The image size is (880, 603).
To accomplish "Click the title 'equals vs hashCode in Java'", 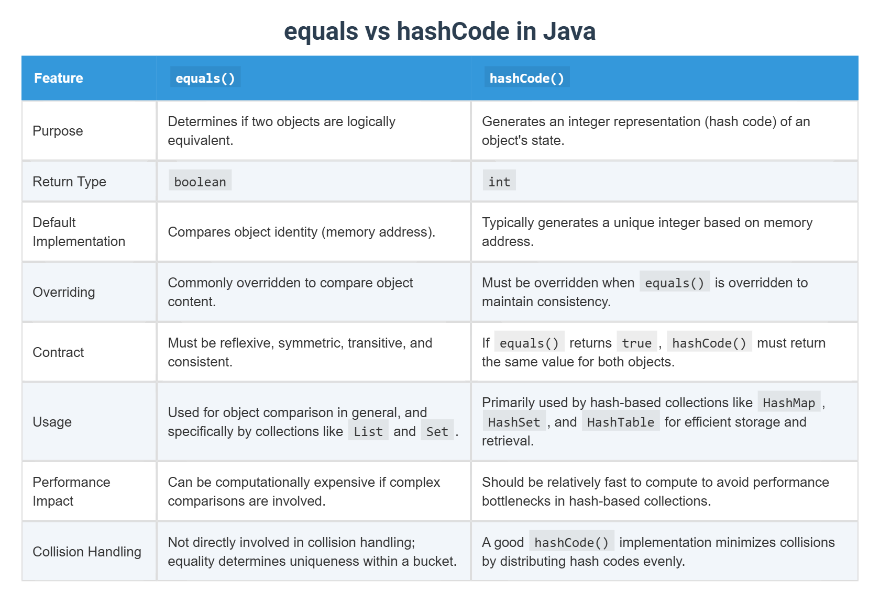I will tap(439, 31).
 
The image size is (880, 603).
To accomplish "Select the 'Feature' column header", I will tap(59, 78).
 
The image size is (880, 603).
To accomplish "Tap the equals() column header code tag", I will tap(205, 78).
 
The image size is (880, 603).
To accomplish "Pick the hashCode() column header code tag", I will tap(526, 78).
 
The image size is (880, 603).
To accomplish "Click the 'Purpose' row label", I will tap(58, 131).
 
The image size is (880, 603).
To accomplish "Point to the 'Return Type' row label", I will tap(69, 182).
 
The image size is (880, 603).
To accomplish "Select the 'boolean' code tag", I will tap(200, 182).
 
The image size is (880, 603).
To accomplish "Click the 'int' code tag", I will tap(499, 182).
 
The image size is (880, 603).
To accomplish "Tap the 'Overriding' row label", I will tap(64, 292).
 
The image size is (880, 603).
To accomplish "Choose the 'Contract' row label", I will tap(58, 352).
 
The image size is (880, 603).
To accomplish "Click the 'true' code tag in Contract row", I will tap(636, 343).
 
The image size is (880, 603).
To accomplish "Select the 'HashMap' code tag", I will tap(789, 403).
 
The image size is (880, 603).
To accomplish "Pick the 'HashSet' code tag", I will tap(514, 422).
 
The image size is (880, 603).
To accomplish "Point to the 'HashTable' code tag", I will tap(621, 422).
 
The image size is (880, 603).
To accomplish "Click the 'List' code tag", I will tap(368, 431).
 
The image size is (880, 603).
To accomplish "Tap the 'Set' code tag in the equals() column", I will tap(437, 431).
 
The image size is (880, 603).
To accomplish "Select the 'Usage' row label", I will tap(52, 422).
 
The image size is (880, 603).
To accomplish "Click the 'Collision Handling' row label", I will tap(87, 552).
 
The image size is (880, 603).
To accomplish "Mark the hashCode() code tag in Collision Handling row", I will tap(571, 542).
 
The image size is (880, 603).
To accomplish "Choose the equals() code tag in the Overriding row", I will tap(675, 283).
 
